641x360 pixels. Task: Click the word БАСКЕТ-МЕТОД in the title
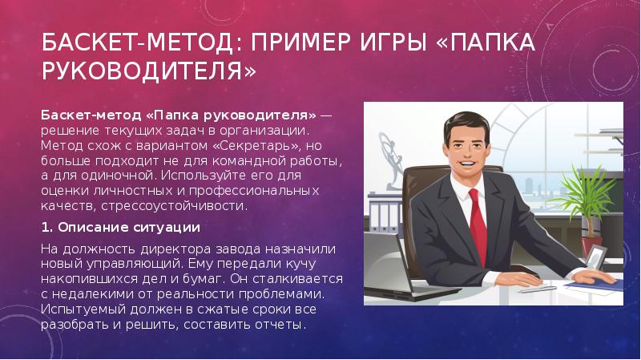point(137,42)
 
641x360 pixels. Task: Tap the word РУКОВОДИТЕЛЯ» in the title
point(149,71)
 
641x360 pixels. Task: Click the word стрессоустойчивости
point(174,206)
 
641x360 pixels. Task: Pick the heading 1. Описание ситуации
point(121,228)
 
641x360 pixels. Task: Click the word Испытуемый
point(84,309)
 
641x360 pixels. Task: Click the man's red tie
point(478,225)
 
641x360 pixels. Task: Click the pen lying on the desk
point(538,289)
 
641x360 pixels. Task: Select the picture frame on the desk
point(597,256)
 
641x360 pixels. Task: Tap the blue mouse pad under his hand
point(595,284)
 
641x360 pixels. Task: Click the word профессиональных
point(254,191)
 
